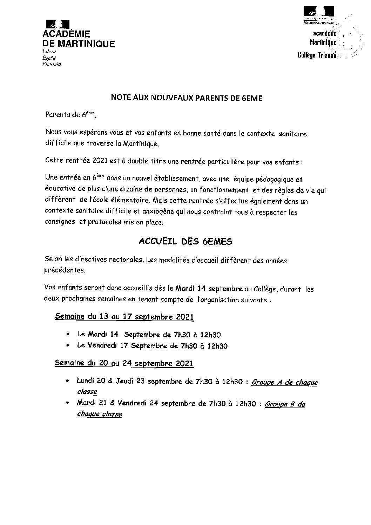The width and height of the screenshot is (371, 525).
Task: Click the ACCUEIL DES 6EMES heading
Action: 185,241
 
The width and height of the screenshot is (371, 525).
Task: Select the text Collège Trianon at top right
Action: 317,55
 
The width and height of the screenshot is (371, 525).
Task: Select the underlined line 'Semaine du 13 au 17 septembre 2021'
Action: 124,317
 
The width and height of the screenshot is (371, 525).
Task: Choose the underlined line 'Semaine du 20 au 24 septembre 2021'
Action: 124,363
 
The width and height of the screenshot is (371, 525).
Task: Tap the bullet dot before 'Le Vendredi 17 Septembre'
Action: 67,345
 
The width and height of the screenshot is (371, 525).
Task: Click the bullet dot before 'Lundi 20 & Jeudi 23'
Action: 67,381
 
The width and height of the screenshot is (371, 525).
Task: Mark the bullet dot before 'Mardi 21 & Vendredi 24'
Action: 67,403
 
